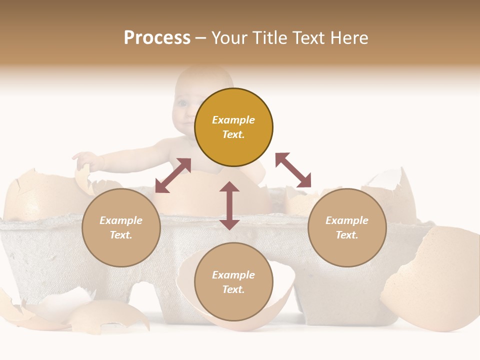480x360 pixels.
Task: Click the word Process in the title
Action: tap(157, 38)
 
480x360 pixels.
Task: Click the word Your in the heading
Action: tap(230, 38)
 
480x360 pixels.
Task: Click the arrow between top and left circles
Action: tap(173, 175)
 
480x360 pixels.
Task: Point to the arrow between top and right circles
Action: tap(293, 170)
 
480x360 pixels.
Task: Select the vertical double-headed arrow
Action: tap(229, 205)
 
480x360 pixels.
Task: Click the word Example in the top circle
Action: tap(233, 120)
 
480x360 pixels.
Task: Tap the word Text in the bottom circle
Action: tap(233, 289)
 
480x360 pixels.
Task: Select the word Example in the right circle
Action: tap(347, 220)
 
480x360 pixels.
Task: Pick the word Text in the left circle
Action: tap(121, 235)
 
